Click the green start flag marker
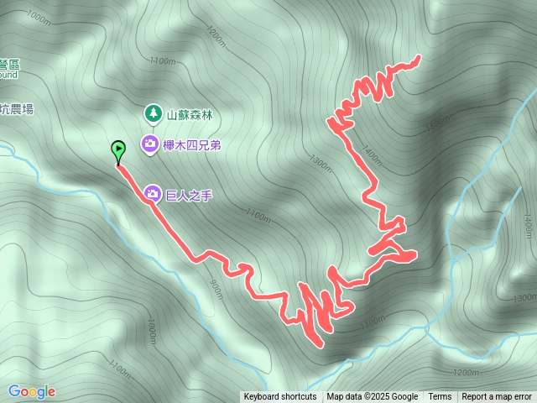pyautogui.click(x=118, y=151)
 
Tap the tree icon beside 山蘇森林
pyautogui.click(x=153, y=113)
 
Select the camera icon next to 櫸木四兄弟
pyautogui.click(x=149, y=144)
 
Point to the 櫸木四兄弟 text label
pyautogui.click(x=193, y=145)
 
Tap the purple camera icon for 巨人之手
pyautogui.click(x=153, y=194)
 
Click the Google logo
pyautogui.click(x=31, y=391)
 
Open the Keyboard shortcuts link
pyautogui.click(x=280, y=397)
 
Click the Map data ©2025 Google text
pyautogui.click(x=372, y=397)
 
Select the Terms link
pyautogui.click(x=440, y=397)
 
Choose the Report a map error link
pyautogui.click(x=497, y=397)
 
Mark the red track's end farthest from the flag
pyautogui.click(x=418, y=57)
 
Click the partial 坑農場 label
pyautogui.click(x=16, y=109)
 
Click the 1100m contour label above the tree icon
pyautogui.click(x=162, y=61)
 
